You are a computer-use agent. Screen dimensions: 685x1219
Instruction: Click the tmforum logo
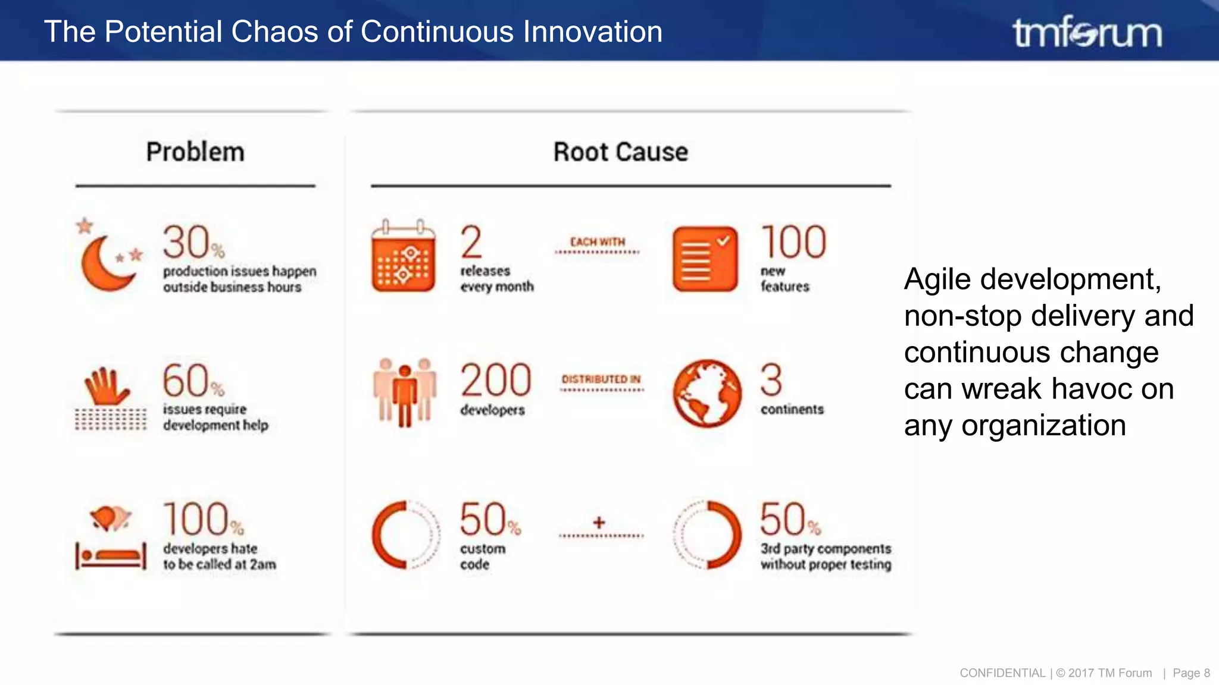click(1087, 32)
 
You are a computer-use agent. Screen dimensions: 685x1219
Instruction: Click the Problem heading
click(195, 152)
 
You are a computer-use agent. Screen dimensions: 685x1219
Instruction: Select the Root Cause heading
click(620, 152)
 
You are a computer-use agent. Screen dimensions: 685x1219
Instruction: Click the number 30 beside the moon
click(187, 242)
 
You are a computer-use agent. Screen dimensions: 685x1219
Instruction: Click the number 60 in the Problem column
click(186, 381)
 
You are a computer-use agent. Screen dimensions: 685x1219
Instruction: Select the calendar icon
click(403, 257)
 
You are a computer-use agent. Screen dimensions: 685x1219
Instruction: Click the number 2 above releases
click(471, 242)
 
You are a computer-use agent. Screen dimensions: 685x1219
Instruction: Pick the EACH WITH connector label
click(598, 242)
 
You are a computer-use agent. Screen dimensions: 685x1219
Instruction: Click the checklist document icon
click(705, 259)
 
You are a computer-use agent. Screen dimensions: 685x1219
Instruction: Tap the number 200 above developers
click(496, 381)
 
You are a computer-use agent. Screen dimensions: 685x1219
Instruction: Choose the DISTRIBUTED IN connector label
click(601, 379)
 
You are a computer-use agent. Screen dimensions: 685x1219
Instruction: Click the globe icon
click(707, 393)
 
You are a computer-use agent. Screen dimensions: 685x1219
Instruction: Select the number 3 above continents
click(771, 381)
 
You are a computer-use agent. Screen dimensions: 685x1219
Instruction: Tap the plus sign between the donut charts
click(599, 523)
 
